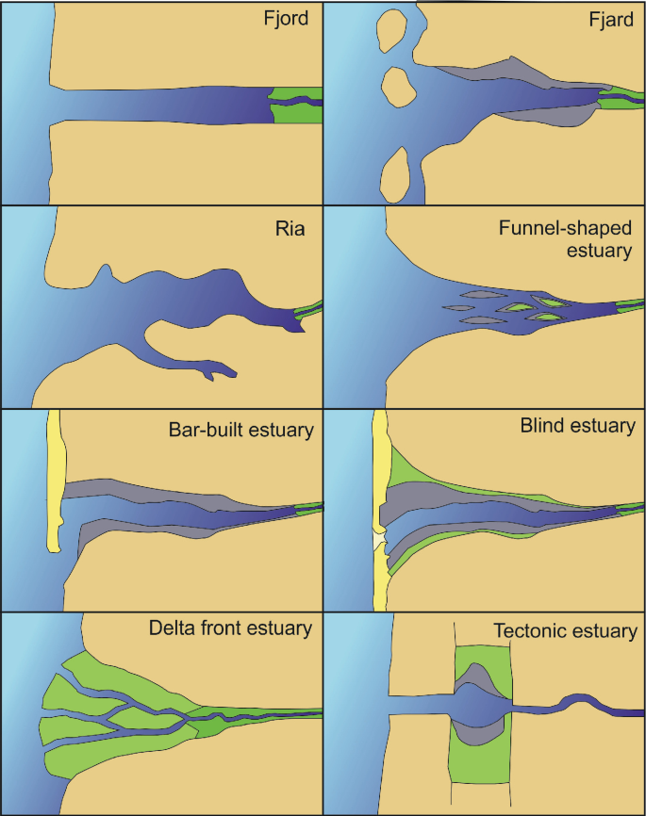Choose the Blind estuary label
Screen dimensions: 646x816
point(577,426)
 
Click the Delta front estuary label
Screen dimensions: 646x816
point(230,628)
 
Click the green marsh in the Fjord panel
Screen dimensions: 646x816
point(293,112)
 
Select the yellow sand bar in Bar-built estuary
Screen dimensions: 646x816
point(54,481)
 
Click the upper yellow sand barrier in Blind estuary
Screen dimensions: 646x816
point(380,471)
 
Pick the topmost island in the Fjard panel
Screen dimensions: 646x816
point(390,32)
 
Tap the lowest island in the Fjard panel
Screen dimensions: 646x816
point(397,175)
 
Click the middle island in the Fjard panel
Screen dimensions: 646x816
point(398,89)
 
